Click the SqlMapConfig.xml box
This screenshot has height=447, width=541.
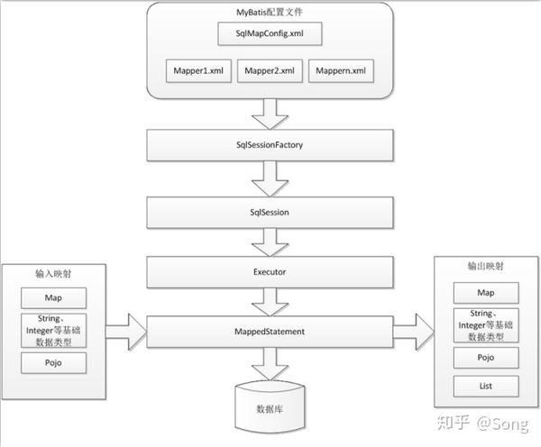point(270,33)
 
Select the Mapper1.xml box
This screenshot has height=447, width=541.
point(198,70)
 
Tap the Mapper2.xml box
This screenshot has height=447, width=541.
point(270,70)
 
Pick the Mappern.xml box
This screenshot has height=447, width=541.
point(341,70)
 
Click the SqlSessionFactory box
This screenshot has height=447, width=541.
point(270,145)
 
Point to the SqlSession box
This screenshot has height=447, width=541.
point(270,213)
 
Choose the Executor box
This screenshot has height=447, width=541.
point(270,272)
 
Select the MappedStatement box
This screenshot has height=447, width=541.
point(270,332)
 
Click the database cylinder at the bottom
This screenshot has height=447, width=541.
point(270,407)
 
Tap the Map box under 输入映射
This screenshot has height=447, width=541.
point(53,298)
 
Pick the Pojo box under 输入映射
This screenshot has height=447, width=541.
point(53,363)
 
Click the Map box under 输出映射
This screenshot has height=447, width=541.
point(486,293)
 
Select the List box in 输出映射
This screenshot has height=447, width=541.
point(486,387)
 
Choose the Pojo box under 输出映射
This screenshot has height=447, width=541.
point(486,358)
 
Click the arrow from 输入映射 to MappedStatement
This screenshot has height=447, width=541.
point(126,332)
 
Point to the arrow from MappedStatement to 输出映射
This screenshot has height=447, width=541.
point(413,332)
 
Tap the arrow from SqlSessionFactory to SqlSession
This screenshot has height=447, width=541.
point(270,179)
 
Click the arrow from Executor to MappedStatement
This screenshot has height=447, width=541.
point(270,302)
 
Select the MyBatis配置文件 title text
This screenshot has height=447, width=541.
point(270,13)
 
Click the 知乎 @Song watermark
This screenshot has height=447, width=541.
point(482,424)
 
